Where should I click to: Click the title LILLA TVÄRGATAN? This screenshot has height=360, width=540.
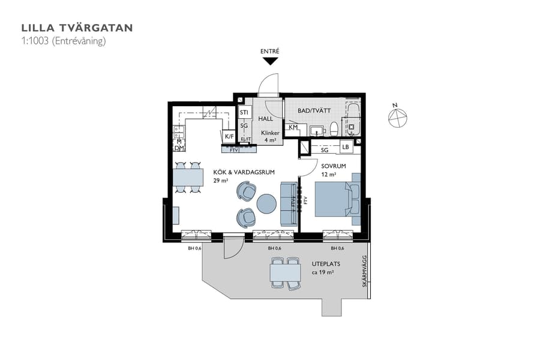(x=77, y=28)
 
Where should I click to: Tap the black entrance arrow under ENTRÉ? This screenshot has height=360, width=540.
(x=270, y=61)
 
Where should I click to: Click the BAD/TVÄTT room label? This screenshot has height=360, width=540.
(x=314, y=111)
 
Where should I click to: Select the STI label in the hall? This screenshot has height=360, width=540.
(x=244, y=112)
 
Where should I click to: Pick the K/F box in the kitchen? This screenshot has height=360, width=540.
(x=229, y=137)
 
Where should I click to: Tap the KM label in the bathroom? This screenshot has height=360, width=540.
(x=293, y=127)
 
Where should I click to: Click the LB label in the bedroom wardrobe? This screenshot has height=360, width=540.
(x=346, y=147)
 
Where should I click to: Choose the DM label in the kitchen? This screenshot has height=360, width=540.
(x=179, y=148)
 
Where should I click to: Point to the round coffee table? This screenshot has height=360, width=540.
(x=266, y=204)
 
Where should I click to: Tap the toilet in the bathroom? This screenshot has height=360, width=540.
(x=334, y=128)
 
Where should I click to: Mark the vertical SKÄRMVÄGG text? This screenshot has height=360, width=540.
(x=365, y=272)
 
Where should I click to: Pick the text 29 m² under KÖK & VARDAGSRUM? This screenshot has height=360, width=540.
(x=221, y=181)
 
